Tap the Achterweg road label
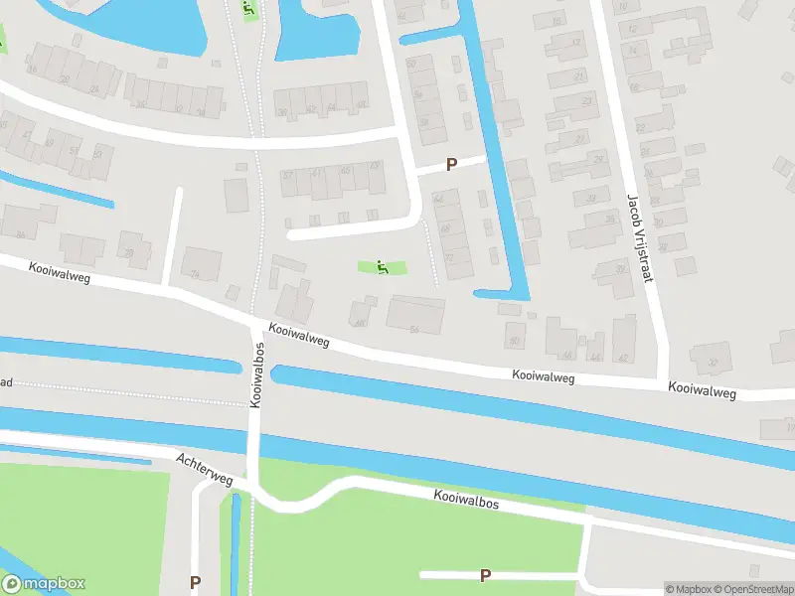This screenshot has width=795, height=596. [204, 471]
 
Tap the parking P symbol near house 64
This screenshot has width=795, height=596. [451, 165]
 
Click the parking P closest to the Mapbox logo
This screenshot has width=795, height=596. [195, 583]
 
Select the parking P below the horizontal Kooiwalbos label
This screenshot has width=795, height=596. [485, 575]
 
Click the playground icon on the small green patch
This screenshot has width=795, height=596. [382, 266]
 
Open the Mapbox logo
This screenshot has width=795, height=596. [44, 584]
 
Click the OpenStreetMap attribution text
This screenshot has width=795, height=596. [752, 589]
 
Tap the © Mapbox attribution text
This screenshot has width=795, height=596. [689, 589]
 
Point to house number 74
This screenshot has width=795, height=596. [196, 275]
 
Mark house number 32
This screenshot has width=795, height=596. [712, 363]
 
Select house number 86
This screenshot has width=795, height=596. [20, 234]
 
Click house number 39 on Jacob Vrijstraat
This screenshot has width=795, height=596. [621, 268]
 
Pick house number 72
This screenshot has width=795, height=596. [449, 258]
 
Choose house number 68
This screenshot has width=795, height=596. [444, 228]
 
